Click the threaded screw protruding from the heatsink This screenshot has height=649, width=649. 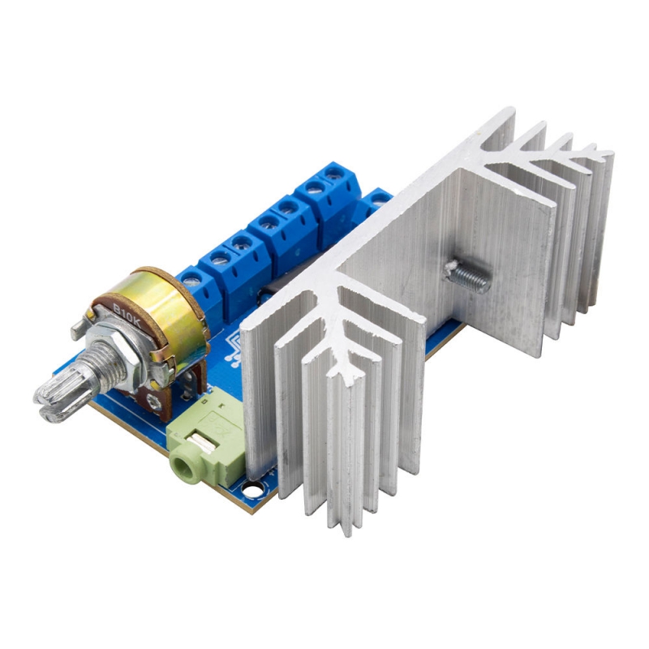pyautogui.click(x=468, y=276)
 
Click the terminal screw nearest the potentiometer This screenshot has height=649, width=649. pyautogui.click(x=191, y=278)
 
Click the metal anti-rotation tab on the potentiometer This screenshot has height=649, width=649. pyautogui.click(x=76, y=329)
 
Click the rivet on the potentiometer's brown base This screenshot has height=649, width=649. pyautogui.click(x=152, y=399)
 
